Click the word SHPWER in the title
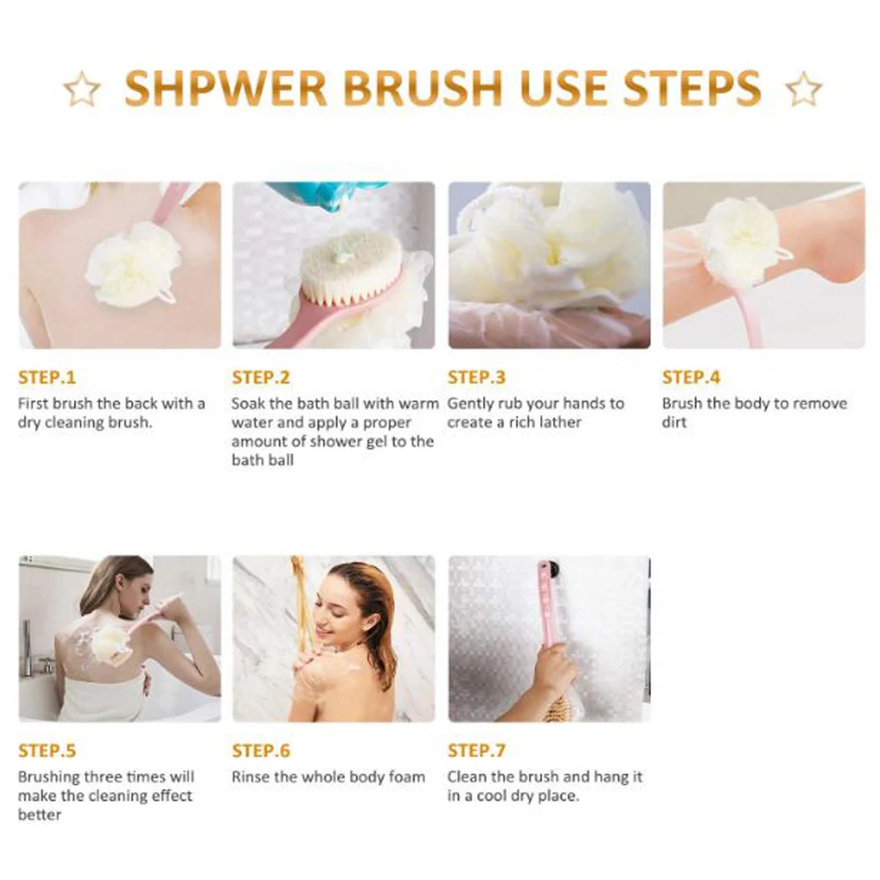pyautogui.click(x=225, y=88)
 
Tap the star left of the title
pyautogui.click(x=82, y=89)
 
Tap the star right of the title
pyautogui.click(x=803, y=89)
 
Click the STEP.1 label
pyautogui.click(x=47, y=378)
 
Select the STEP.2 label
pyautogui.click(x=261, y=378)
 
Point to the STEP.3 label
pyautogui.click(x=476, y=378)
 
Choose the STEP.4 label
pyautogui.click(x=691, y=378)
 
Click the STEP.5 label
pyautogui.click(x=47, y=751)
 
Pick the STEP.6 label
pyautogui.click(x=261, y=751)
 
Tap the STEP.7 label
pyautogui.click(x=476, y=751)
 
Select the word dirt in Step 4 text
pyautogui.click(x=674, y=422)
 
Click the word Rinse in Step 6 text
pyautogui.click(x=250, y=777)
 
